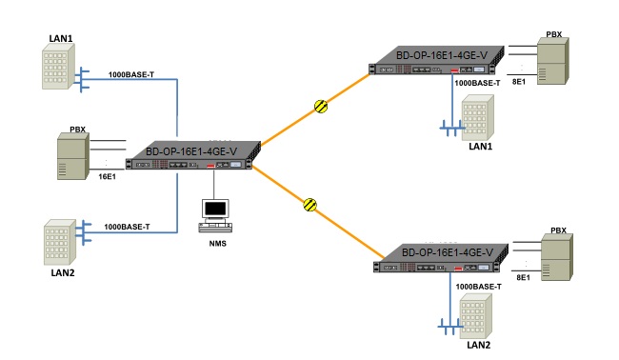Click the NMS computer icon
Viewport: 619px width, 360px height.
[215, 214]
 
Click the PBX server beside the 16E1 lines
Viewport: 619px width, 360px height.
[71, 157]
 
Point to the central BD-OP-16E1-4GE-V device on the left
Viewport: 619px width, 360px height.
[194, 157]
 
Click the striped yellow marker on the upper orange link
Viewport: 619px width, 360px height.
[322, 107]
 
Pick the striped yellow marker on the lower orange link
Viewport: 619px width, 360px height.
[309, 204]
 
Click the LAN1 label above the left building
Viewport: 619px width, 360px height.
[61, 38]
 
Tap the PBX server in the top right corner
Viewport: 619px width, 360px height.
[552, 64]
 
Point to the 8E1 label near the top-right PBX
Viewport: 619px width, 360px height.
[520, 83]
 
